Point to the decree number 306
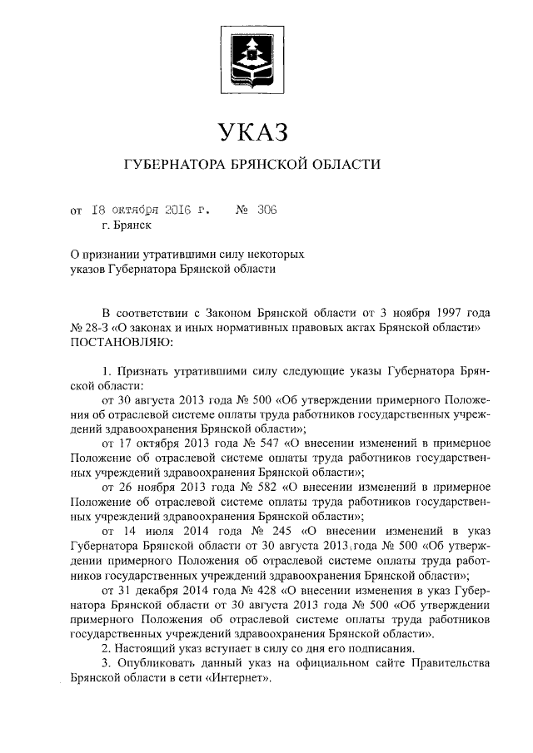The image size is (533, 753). (x=266, y=211)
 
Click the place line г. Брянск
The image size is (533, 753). (x=125, y=225)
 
